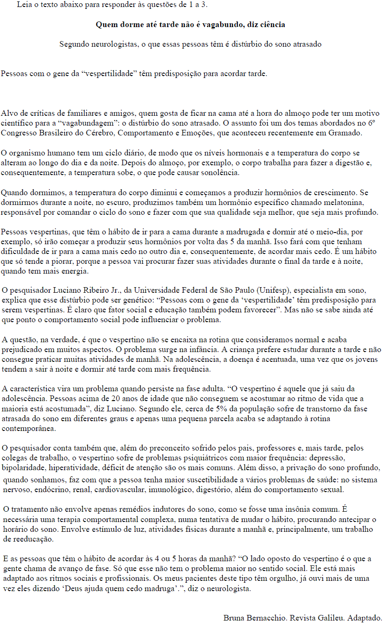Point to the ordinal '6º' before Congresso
point(372,124)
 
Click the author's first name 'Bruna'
point(234,618)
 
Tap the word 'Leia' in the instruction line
point(23,5)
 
